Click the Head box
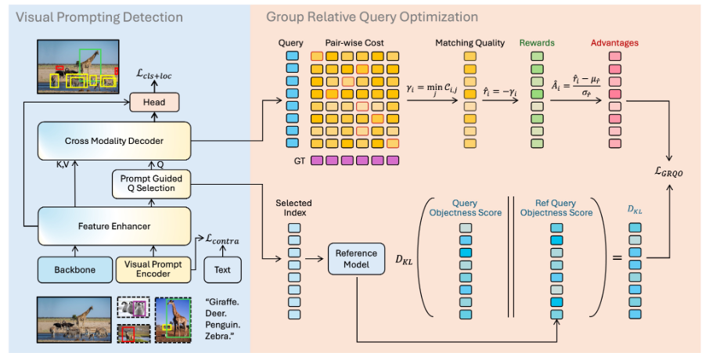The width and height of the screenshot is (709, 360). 154,102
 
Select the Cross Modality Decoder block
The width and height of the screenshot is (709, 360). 113,141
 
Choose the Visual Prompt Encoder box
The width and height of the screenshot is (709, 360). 154,269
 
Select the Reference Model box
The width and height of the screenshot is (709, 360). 356,258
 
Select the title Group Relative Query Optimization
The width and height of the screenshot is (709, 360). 372,16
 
